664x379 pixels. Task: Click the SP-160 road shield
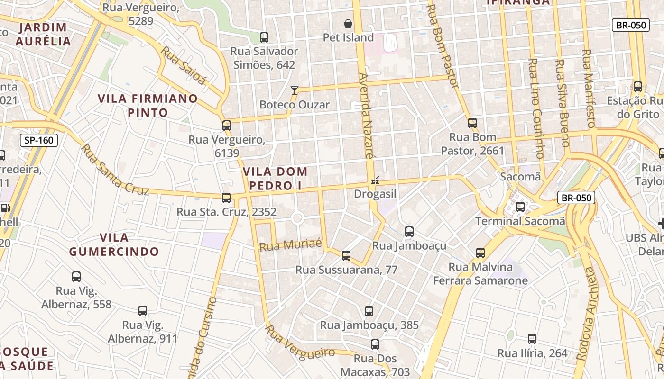(39, 140)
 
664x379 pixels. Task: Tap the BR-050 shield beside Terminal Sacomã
(576, 198)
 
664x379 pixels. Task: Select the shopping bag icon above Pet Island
(348, 24)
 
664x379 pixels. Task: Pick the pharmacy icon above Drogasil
(375, 180)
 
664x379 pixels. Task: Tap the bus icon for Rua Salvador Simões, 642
(264, 37)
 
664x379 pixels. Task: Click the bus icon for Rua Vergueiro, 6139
(227, 126)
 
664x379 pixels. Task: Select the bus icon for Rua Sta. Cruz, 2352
(226, 198)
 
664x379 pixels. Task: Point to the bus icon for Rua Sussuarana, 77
(346, 256)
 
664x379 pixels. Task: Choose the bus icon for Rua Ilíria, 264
(532, 339)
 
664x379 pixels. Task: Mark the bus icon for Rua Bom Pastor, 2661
(472, 123)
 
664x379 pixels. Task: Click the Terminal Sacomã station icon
(520, 207)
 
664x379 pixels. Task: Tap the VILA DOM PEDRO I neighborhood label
(275, 178)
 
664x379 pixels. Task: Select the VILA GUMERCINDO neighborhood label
(114, 244)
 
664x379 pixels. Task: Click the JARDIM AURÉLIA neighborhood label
(43, 34)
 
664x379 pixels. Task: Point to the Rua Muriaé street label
(291, 245)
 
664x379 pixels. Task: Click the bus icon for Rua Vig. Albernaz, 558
(76, 277)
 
